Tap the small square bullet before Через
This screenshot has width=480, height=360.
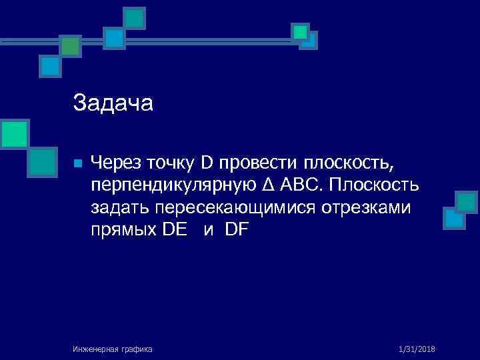coord(77,163)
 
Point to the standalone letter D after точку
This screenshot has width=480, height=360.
coord(207,162)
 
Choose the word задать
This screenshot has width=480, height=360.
coord(121,208)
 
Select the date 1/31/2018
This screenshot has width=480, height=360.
coord(416,349)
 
